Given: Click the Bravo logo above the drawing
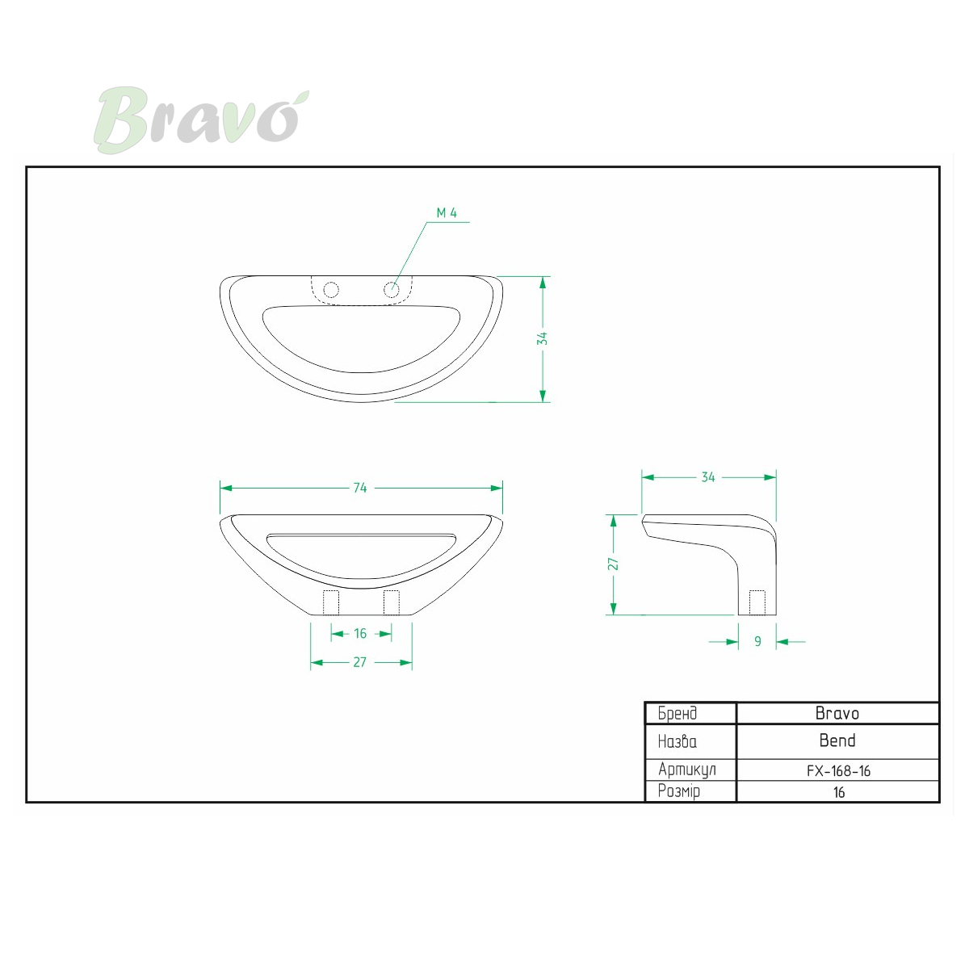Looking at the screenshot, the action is [201, 120].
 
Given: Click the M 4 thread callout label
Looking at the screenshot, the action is [447, 213].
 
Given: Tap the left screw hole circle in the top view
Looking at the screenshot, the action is [331, 290].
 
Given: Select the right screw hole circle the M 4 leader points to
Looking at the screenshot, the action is [391, 290].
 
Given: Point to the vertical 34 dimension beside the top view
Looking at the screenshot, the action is [542, 339].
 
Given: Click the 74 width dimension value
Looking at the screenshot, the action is [360, 488].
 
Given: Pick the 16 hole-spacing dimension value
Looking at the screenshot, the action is [360, 634].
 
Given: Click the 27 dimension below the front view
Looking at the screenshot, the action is [360, 662].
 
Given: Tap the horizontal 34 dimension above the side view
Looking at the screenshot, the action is [708, 477].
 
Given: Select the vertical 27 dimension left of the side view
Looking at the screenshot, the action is [613, 564].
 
